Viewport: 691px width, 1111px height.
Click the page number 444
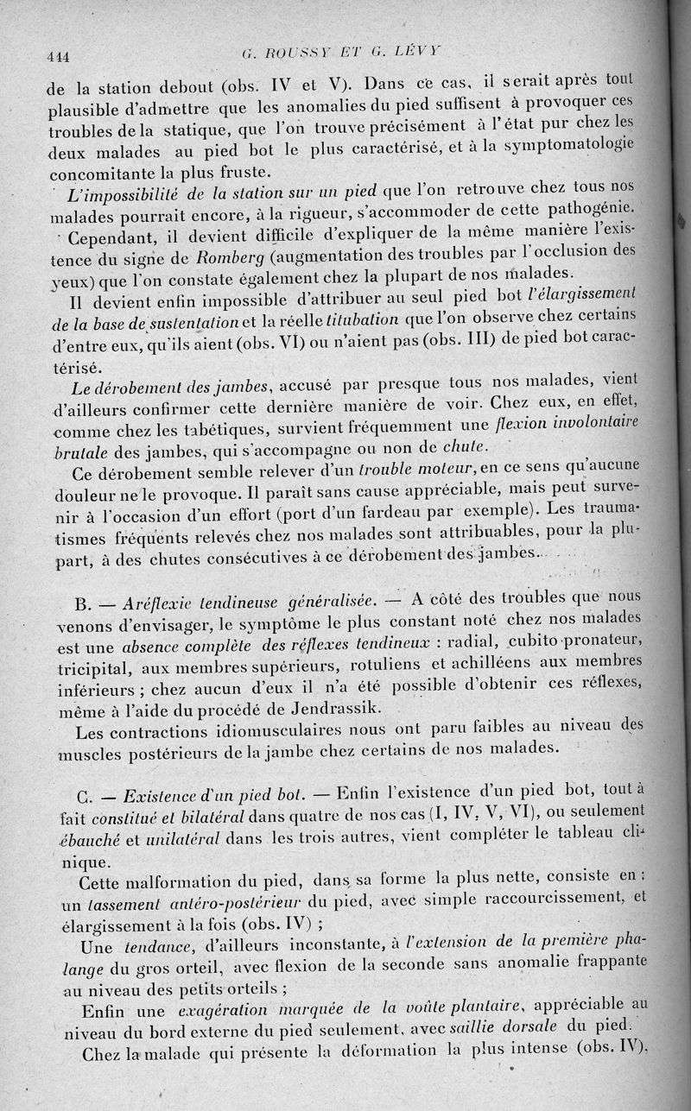(58, 57)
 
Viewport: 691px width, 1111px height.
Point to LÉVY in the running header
(414, 51)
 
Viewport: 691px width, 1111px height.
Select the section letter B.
(84, 602)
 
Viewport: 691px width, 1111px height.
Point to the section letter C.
(85, 794)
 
